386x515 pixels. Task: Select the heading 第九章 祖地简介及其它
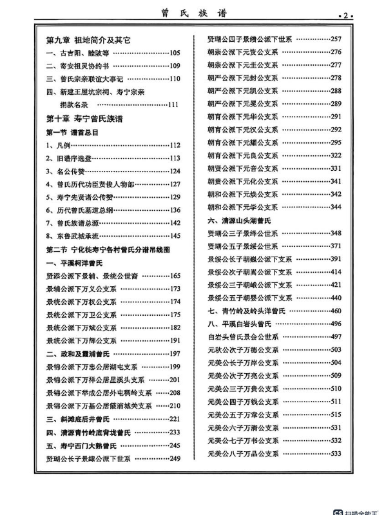[88, 40]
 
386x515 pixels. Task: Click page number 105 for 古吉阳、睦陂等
[175, 53]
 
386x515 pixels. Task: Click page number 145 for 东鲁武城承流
[175, 236]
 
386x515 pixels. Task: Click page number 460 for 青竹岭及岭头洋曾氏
[335, 311]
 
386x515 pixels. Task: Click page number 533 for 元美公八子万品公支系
[335, 453]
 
